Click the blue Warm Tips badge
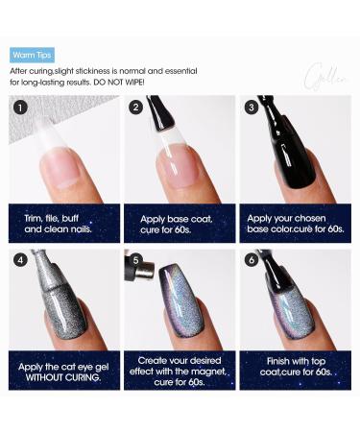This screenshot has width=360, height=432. [31, 57]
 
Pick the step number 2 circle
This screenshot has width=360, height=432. [136, 107]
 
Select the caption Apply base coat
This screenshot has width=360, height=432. [179, 224]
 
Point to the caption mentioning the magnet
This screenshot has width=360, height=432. [179, 371]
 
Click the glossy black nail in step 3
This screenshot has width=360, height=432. [288, 163]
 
